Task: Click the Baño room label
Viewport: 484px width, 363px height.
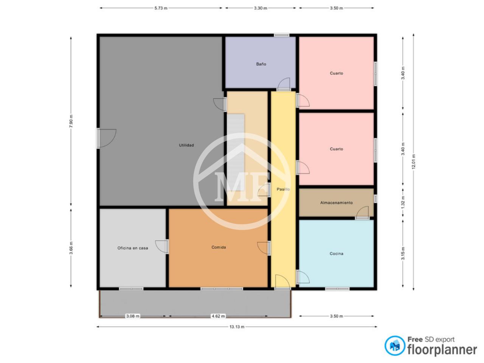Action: [261, 64]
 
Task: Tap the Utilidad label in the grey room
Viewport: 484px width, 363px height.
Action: [186, 145]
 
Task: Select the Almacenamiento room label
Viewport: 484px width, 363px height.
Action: [336, 203]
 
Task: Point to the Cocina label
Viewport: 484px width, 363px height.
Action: [336, 253]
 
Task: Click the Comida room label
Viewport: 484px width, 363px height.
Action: [218, 247]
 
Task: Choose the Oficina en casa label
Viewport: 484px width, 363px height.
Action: [132, 248]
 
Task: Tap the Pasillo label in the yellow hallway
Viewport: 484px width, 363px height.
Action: [283, 189]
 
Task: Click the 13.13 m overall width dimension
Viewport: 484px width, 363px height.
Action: [237, 327]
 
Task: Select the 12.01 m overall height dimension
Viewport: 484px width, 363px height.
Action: [413, 161]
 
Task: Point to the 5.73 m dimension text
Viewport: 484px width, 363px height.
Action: [161, 8]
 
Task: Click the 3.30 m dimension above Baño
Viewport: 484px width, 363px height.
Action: [260, 8]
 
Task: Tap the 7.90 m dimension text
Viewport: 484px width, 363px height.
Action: [71, 121]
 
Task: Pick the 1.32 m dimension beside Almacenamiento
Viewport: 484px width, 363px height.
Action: [403, 202]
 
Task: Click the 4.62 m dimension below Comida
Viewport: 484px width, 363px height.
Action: [218, 316]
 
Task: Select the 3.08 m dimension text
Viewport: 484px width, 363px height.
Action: [132, 316]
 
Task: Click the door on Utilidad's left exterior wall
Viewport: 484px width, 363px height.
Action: [106, 138]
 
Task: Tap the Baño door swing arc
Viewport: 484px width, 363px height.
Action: [283, 84]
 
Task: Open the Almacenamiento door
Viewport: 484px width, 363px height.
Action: [362, 213]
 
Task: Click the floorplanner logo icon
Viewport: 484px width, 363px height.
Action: [395, 346]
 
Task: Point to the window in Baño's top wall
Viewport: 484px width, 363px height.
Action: [281, 35]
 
